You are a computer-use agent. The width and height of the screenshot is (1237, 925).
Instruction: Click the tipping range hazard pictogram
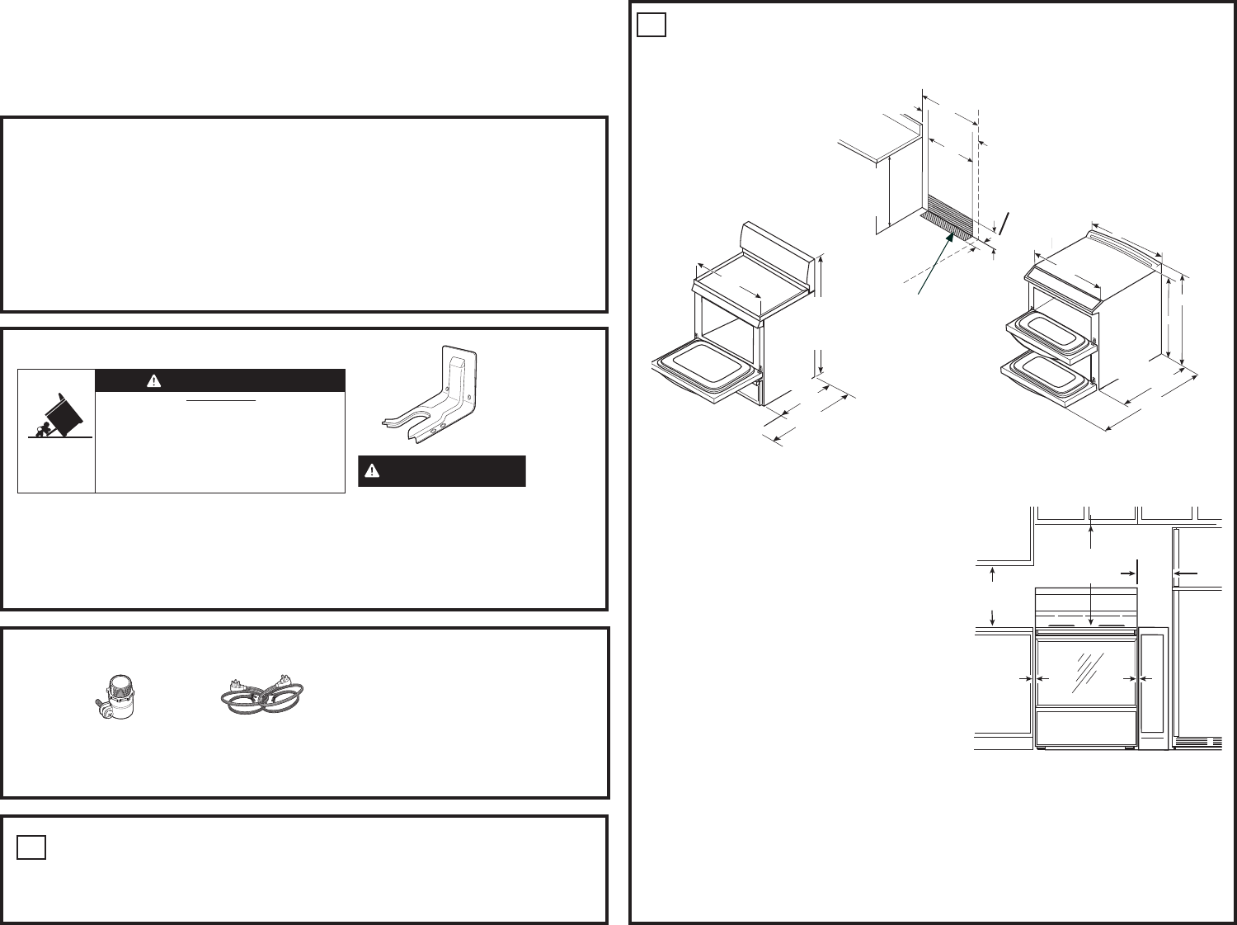pyautogui.click(x=56, y=417)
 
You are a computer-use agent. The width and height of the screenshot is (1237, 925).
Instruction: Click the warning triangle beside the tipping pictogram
pyautogui.click(x=153, y=380)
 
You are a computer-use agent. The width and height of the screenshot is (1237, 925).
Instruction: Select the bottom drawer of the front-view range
pyautogui.click(x=1087, y=729)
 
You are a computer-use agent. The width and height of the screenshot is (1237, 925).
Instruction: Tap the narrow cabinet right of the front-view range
pyautogui.click(x=1154, y=688)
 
